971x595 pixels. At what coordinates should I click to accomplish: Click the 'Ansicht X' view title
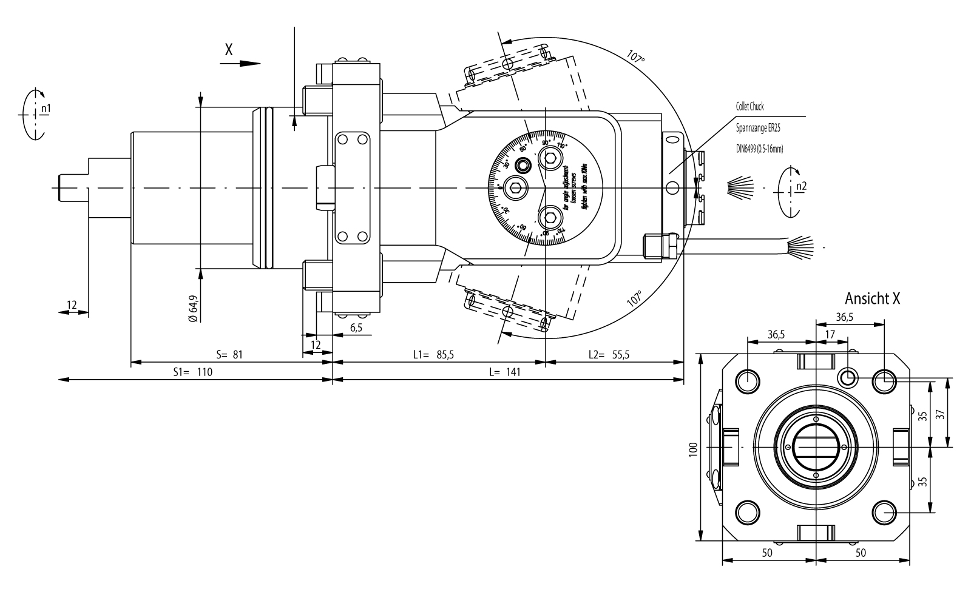[x=872, y=298]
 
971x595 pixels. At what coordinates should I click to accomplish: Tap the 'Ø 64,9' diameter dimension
[x=193, y=308]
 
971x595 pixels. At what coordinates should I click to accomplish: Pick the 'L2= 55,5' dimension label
[x=609, y=355]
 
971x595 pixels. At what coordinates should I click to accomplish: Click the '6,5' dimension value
[x=356, y=328]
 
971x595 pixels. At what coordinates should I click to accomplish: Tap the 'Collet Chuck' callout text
[x=750, y=107]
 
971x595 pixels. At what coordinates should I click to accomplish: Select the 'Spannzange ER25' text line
[x=757, y=129]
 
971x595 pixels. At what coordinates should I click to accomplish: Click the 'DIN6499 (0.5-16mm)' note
[x=759, y=149]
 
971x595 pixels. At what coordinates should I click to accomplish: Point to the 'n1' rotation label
[x=46, y=108]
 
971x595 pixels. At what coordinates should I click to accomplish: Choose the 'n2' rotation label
[x=801, y=186]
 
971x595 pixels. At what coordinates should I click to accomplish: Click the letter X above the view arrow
[x=228, y=50]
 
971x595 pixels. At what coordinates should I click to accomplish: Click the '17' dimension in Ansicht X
[x=830, y=334]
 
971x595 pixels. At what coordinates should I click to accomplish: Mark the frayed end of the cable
[x=801, y=247]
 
